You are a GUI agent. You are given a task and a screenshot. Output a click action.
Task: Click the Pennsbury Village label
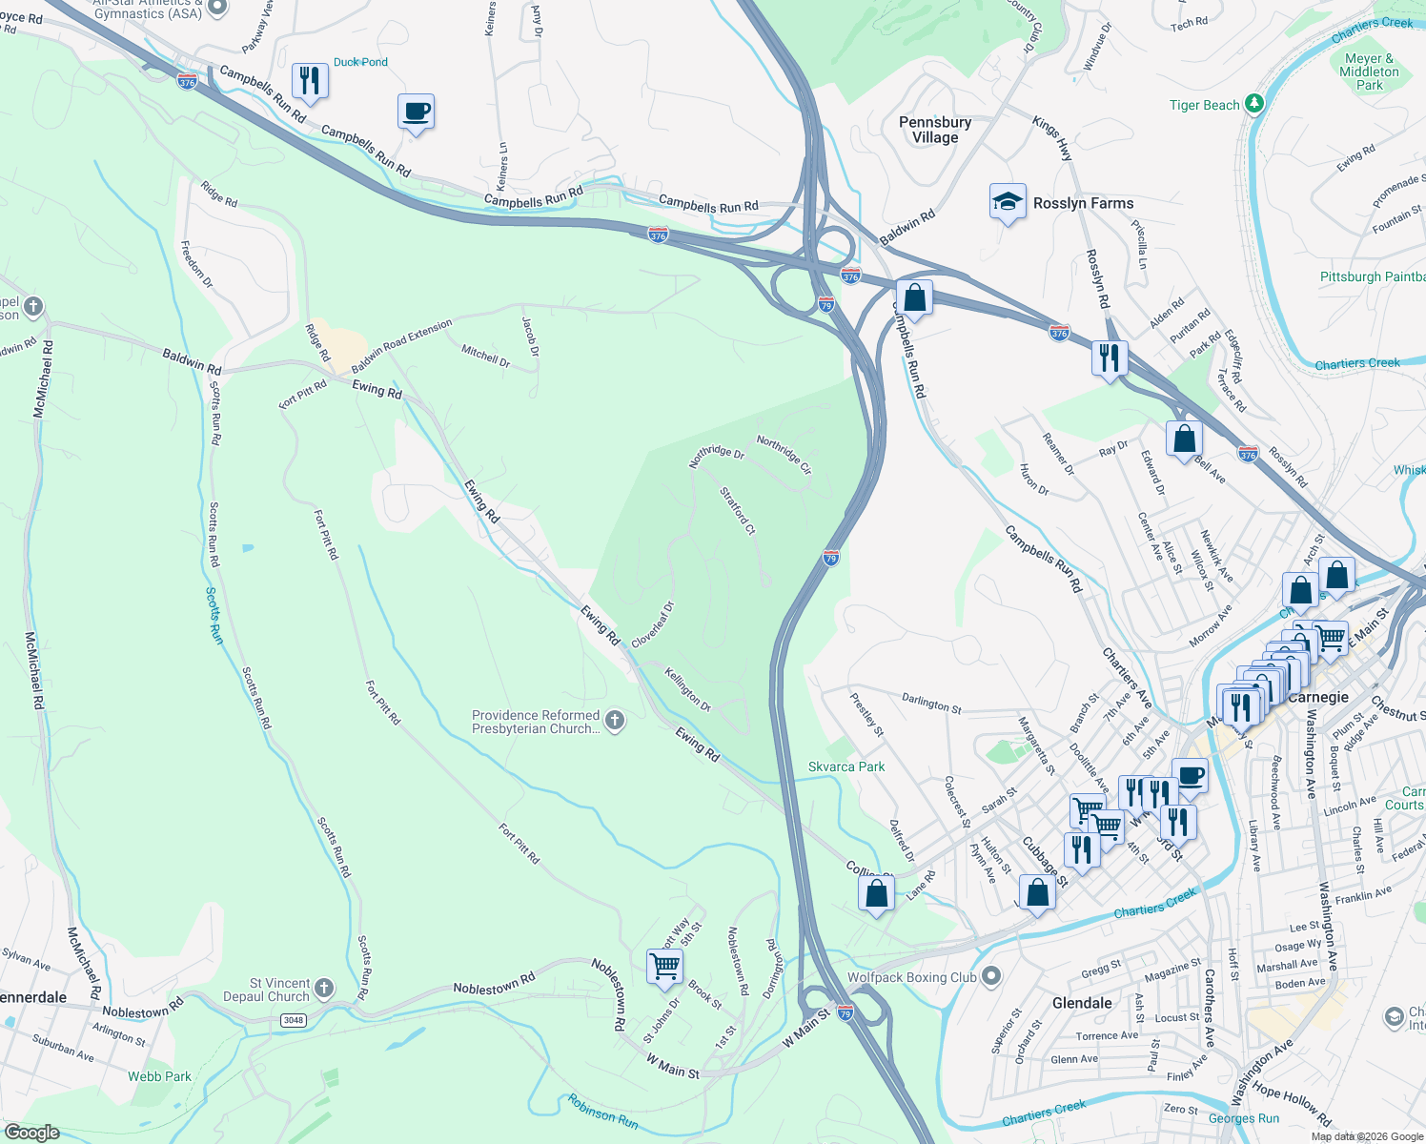[x=935, y=130]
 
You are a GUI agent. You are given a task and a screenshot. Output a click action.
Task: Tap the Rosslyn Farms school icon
[x=1008, y=202]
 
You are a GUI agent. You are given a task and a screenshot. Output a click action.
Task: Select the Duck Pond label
[x=360, y=62]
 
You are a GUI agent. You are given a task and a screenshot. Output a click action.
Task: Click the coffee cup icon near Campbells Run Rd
[x=416, y=112]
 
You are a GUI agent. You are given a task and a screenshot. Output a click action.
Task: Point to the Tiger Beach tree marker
[x=1254, y=104]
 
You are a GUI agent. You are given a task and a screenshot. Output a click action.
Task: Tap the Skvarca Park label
[x=846, y=766]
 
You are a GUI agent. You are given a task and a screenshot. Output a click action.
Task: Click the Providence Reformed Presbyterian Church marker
[x=615, y=721]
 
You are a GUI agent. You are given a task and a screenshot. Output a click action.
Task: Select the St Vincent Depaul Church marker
[x=324, y=989]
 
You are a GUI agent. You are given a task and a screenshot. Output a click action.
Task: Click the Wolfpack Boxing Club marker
[x=991, y=976]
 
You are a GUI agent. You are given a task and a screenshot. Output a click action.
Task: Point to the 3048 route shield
[x=294, y=1020]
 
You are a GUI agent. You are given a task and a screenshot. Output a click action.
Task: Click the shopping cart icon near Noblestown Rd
[x=664, y=966]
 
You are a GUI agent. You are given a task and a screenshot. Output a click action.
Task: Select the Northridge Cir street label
[x=784, y=455]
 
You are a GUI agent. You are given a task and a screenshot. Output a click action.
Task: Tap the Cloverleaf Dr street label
[x=653, y=624]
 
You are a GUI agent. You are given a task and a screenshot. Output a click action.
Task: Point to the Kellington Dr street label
[x=688, y=689]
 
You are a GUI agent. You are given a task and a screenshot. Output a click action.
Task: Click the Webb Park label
[x=160, y=1076]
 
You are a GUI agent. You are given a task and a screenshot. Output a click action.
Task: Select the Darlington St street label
[x=931, y=704]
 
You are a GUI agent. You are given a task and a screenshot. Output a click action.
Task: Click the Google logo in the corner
[x=31, y=1132]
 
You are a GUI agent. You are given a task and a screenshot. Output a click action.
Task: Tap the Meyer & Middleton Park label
[x=1369, y=71]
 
